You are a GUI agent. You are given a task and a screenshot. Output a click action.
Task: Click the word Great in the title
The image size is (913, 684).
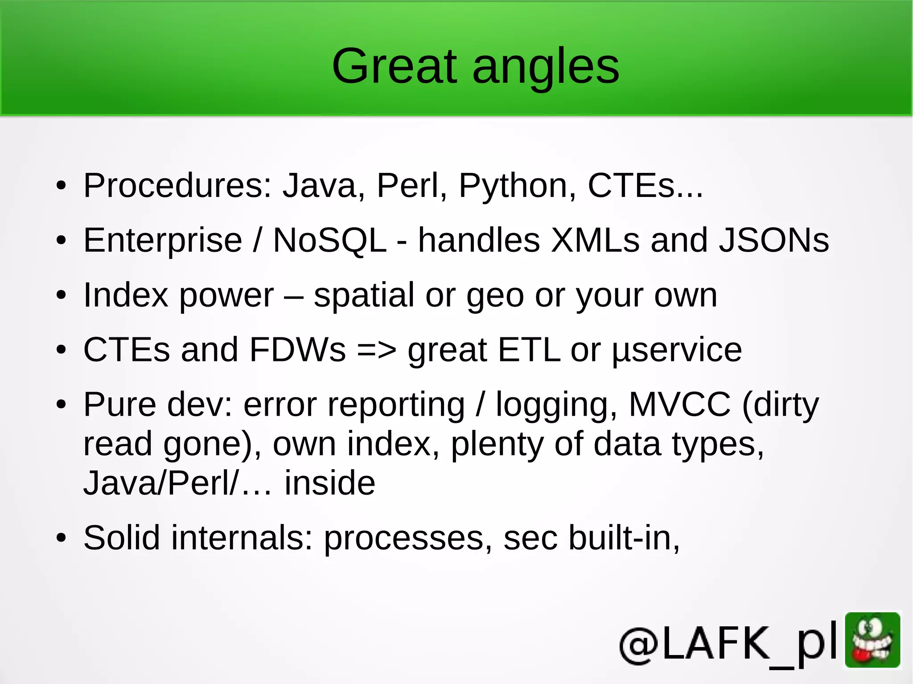pos(395,67)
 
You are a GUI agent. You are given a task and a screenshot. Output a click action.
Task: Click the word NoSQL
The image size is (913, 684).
pos(329,241)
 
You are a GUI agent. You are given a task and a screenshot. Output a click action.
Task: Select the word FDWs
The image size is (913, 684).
pos(297,350)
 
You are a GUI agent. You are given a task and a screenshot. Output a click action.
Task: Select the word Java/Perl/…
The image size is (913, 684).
pos(177,484)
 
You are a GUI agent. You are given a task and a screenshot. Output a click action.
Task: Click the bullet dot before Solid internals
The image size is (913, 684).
pos(61,538)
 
